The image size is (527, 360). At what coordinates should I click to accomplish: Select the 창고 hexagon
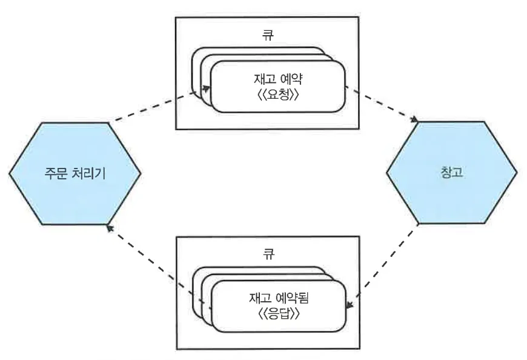point(452,194)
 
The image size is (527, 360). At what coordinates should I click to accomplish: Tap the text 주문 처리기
point(75,173)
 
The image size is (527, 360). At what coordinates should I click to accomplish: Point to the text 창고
point(451,173)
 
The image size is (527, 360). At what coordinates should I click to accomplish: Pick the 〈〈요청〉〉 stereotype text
point(277,95)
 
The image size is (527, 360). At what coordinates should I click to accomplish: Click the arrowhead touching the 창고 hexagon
point(414,119)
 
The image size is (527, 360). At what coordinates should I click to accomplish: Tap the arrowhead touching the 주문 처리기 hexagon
point(109,227)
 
